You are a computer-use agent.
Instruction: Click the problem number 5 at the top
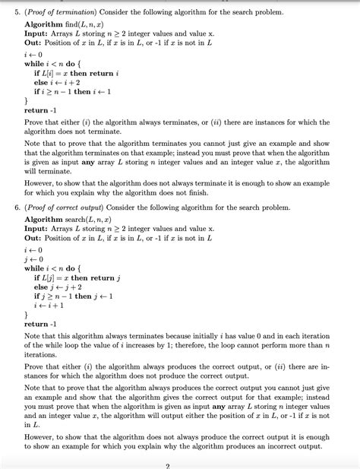pyautogui.click(x=17, y=14)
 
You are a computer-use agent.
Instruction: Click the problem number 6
pyautogui.click(x=17, y=207)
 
